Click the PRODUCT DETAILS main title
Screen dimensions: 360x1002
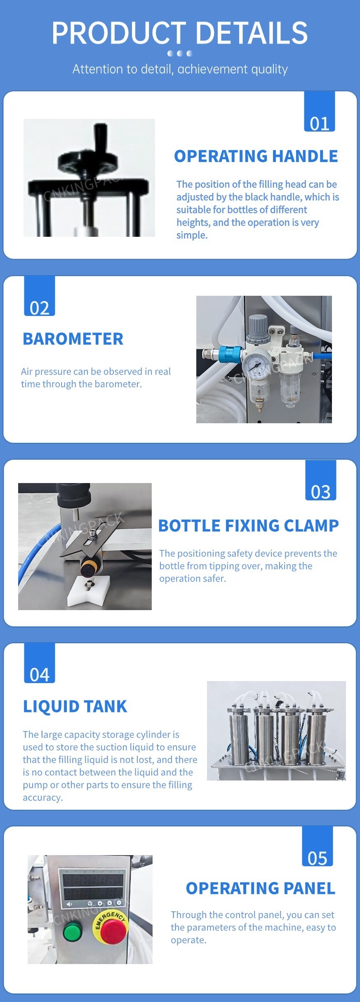(180, 33)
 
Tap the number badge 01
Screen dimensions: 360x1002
(320, 111)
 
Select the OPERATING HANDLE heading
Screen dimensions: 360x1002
(256, 156)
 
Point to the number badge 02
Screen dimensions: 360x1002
(40, 296)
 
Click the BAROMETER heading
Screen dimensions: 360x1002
(73, 339)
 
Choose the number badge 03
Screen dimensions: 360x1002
(321, 480)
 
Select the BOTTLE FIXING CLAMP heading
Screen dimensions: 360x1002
(249, 526)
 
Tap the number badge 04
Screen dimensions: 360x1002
(40, 663)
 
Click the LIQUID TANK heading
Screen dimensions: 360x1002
(75, 706)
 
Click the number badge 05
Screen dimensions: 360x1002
(318, 846)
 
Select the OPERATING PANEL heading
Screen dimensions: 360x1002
(261, 888)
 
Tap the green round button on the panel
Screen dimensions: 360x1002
(73, 932)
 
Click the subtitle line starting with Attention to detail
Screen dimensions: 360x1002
(180, 69)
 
